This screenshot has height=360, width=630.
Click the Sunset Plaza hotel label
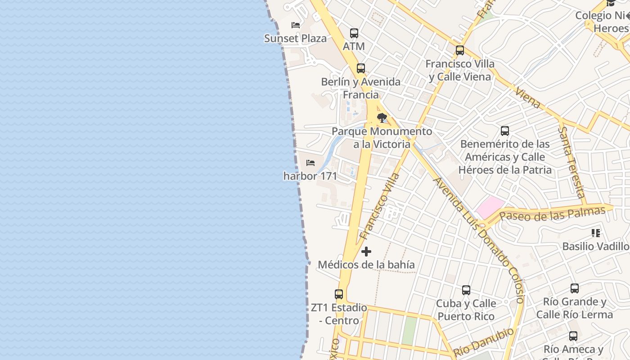pos(295,38)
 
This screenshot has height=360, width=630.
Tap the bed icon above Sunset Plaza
pos(296,25)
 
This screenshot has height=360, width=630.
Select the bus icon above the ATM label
pos(354,33)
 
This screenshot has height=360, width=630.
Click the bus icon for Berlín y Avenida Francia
pos(361,68)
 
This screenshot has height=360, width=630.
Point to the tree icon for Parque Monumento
pos(382,118)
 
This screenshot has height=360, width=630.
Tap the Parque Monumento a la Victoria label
pos(382,138)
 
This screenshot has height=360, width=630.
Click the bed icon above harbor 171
pos(310,163)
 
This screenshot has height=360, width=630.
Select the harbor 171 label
pos(310,176)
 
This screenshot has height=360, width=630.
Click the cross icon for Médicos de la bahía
pos(366,252)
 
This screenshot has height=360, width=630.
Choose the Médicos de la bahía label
pos(366,265)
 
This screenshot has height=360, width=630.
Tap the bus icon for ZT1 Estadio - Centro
pos(339,294)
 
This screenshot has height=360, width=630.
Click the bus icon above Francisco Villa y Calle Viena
pos(460,50)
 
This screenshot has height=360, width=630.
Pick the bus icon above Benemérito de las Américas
pos(505,131)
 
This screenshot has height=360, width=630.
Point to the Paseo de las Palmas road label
pos(553,214)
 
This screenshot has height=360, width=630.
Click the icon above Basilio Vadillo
pos(596,233)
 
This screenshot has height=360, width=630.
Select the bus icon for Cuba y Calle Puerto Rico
pos(466,290)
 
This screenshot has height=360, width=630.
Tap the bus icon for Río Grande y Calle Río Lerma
pos(575,288)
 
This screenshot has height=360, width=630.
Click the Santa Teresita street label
pos(571,162)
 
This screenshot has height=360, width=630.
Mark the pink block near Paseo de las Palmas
pos(490,207)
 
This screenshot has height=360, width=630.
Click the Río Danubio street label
pos(484,342)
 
